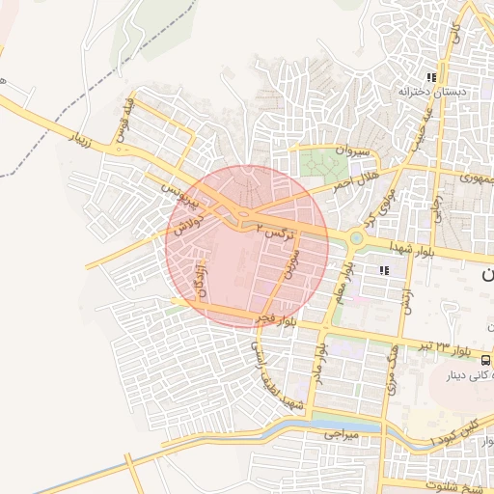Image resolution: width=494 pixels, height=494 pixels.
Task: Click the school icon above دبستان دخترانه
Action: click(432, 76)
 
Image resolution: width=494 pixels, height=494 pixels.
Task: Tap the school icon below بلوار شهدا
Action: click(384, 270)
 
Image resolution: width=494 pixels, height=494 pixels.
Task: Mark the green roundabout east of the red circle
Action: click(356, 237)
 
